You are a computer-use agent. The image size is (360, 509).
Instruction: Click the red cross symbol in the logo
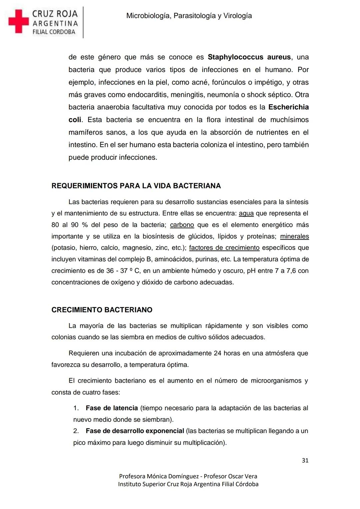tap(19, 21)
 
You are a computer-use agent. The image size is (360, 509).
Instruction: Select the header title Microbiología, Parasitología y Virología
tap(189, 16)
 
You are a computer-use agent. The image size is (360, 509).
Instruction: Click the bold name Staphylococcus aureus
tap(249, 57)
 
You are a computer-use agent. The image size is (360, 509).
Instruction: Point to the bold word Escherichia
tap(288, 107)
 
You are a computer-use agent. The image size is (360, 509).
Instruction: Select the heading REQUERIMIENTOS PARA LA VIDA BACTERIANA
tap(136, 186)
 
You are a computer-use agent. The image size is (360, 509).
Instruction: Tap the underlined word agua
tap(246, 213)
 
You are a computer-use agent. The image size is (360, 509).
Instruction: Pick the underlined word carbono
tap(182, 225)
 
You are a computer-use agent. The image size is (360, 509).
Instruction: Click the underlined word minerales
tap(294, 236)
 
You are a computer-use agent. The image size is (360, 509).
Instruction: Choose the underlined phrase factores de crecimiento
tap(224, 248)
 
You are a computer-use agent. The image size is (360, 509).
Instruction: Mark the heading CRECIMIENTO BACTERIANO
tap(102, 310)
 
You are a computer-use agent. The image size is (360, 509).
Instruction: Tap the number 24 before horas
tap(218, 353)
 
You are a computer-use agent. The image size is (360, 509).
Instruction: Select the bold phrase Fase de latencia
tap(112, 408)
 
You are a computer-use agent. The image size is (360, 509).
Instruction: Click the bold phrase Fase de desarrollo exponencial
tap(135, 431)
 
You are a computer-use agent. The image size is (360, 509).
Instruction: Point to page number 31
tap(305, 461)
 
